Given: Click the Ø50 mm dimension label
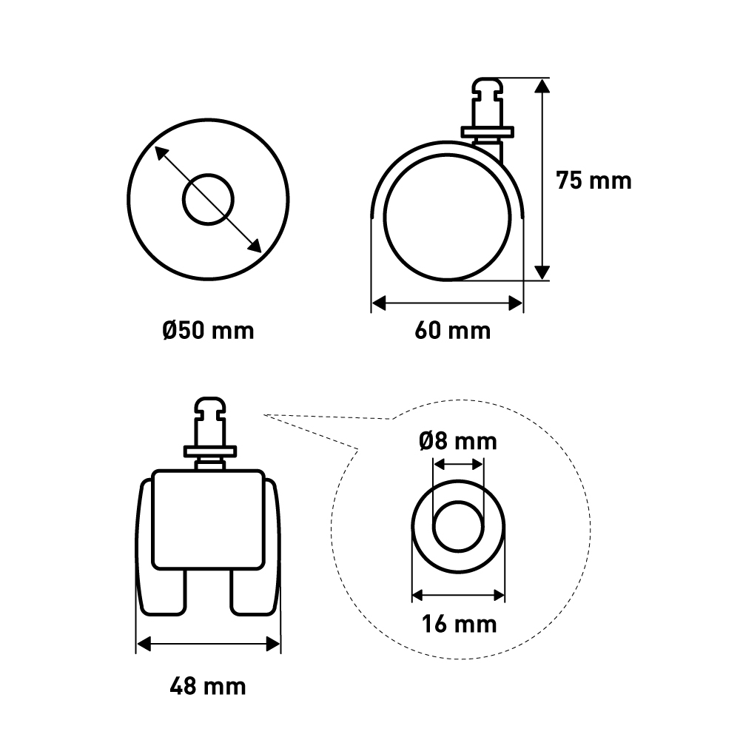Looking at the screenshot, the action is tap(208, 330).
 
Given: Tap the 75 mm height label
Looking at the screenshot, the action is tap(593, 181).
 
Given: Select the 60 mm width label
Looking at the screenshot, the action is tap(453, 330).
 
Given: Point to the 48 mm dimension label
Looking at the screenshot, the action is tap(208, 686).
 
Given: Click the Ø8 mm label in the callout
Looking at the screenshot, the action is tap(458, 441).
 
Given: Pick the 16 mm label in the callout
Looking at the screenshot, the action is tap(460, 624).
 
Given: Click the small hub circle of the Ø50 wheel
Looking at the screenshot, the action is tap(208, 200).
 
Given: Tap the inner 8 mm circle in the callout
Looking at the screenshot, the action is tap(458, 527).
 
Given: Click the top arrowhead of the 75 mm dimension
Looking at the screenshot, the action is tap(542, 86).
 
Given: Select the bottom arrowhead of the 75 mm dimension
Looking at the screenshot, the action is tap(542, 272).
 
